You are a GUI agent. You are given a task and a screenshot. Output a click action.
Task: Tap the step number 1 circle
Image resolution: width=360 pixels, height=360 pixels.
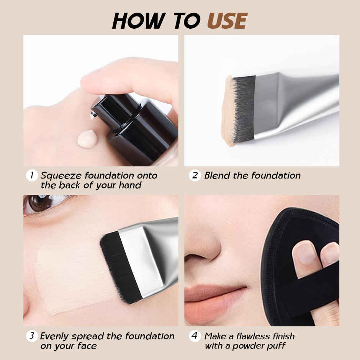click(x=32, y=176)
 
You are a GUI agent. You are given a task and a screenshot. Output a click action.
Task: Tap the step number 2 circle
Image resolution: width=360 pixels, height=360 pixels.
click(x=195, y=176)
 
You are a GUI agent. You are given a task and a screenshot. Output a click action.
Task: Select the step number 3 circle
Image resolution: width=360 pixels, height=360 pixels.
click(x=32, y=336)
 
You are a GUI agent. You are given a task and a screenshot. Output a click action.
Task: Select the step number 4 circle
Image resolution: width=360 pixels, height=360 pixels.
click(x=195, y=336)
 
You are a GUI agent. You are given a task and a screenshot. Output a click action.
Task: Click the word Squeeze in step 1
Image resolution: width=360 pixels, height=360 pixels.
click(x=61, y=176)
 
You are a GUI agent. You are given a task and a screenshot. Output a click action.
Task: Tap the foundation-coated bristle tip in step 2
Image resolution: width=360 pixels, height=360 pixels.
click(x=228, y=111)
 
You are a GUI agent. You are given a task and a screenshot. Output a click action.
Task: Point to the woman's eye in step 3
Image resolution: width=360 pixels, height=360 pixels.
click(x=40, y=203)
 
